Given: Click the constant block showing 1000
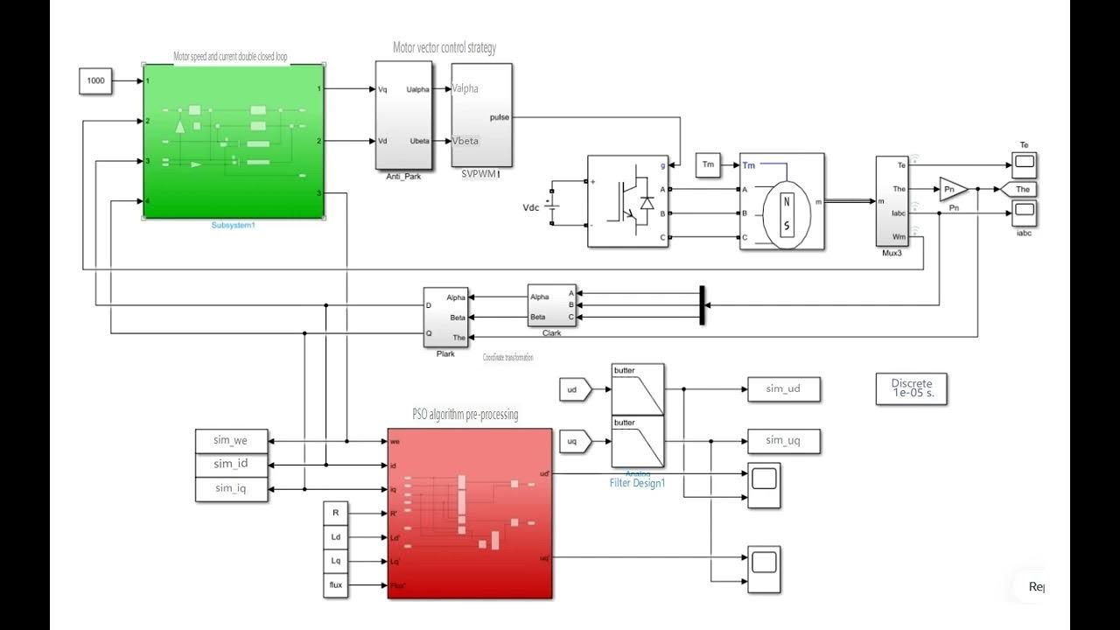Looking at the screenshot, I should point(95,80).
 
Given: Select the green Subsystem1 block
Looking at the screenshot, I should point(234,140).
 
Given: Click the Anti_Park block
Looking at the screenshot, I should point(403,115).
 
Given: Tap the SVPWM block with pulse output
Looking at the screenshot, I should point(481,115).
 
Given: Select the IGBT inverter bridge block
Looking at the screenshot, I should point(627,201).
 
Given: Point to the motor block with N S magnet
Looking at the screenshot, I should point(781,201).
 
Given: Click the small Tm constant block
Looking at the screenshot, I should point(708,165).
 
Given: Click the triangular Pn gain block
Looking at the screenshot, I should point(952,189).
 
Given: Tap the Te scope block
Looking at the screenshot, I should point(1024,162).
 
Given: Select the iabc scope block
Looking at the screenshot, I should point(1024,212).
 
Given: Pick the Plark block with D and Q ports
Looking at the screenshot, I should point(446,318).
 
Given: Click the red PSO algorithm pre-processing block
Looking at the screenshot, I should point(470,513).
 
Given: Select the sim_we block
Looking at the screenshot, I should point(233,440).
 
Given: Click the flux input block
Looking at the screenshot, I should point(335,585).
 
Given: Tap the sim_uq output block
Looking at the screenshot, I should point(783,441).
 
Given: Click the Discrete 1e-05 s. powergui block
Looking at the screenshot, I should point(911,388).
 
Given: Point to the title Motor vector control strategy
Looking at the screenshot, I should point(444,48).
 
